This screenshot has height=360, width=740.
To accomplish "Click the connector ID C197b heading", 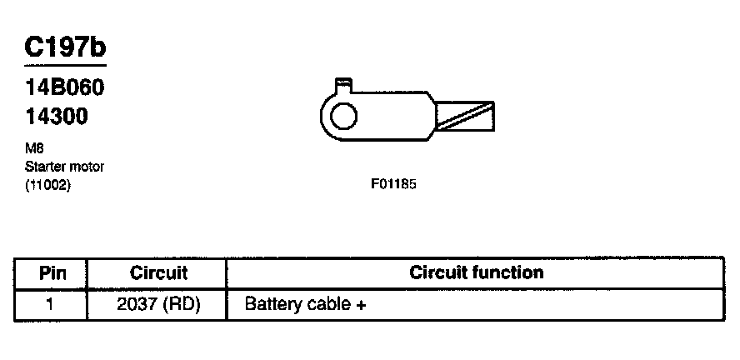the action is pyautogui.click(x=65, y=47).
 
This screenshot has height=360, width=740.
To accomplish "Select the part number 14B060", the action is pyautogui.click(x=64, y=87).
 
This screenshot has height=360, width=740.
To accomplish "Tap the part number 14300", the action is pyautogui.click(x=57, y=116).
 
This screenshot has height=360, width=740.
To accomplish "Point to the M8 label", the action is pyautogui.click(x=34, y=148).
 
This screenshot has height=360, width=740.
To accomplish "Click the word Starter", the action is pyautogui.click(x=45, y=167).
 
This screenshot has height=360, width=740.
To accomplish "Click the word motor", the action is pyautogui.click(x=87, y=167).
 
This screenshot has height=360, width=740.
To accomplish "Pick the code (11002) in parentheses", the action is pyautogui.click(x=47, y=186).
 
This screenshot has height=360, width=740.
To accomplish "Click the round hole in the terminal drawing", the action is pyautogui.click(x=343, y=116).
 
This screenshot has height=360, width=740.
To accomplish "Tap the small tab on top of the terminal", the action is pyautogui.click(x=343, y=85).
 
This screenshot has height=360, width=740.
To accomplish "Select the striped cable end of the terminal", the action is pyautogui.click(x=465, y=116).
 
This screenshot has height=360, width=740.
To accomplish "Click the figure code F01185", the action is pyautogui.click(x=393, y=184).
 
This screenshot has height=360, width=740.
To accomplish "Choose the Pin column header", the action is pyautogui.click(x=52, y=273).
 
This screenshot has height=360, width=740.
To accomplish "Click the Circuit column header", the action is pyautogui.click(x=158, y=273).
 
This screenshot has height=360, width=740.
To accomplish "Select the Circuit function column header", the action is pyautogui.click(x=476, y=272).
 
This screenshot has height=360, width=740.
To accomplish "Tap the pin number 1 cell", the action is pyautogui.click(x=49, y=304).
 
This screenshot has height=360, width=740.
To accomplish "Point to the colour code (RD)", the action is pyautogui.click(x=181, y=305).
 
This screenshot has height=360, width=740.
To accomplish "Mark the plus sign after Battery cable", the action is pyautogui.click(x=361, y=306).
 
